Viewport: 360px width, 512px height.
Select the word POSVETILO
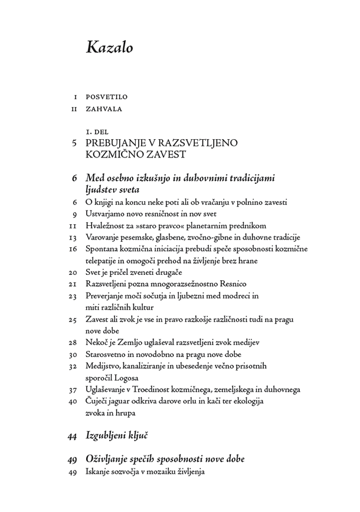[x=107, y=97]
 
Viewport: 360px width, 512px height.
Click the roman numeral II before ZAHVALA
[x=74, y=109]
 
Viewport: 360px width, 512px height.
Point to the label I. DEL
[x=98, y=132]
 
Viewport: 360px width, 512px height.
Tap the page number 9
[x=75, y=214]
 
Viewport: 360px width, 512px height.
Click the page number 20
[x=73, y=273]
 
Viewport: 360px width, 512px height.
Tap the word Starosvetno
[x=107, y=354]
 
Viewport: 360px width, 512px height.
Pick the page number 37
[x=73, y=389]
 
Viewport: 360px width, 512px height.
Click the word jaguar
[x=122, y=401]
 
